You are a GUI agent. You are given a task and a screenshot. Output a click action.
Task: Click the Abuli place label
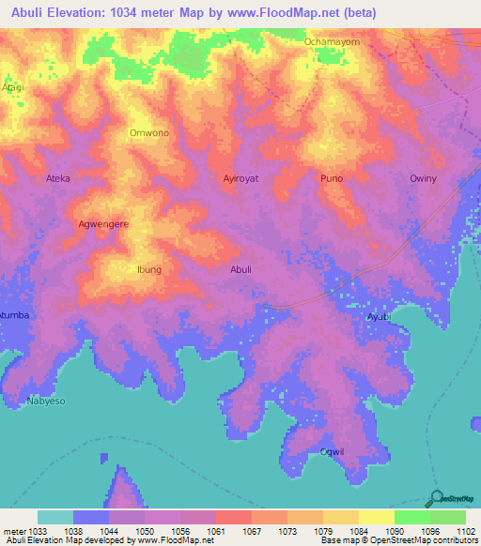click(240, 269)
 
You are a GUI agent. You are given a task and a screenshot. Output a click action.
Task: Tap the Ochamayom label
click(332, 42)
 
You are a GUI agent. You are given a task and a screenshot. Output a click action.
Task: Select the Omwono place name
click(148, 133)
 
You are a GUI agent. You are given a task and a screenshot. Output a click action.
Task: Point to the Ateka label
click(58, 178)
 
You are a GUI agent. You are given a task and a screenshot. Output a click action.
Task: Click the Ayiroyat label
click(240, 178)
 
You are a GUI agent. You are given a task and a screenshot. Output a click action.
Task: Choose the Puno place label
click(332, 178)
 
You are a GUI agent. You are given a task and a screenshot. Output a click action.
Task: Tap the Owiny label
click(423, 178)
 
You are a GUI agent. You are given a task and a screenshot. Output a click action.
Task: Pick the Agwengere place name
click(103, 224)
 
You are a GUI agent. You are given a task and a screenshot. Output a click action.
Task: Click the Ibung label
click(149, 269)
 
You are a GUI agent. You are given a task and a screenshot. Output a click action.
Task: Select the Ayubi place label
click(378, 318)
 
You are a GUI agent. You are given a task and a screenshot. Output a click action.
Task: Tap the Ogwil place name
click(333, 452)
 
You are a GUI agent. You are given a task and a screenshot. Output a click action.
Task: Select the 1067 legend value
click(252, 530)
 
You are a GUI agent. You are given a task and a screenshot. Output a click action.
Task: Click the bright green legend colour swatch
click(412, 517)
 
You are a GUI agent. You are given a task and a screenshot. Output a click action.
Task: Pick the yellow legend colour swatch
click(377, 517)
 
